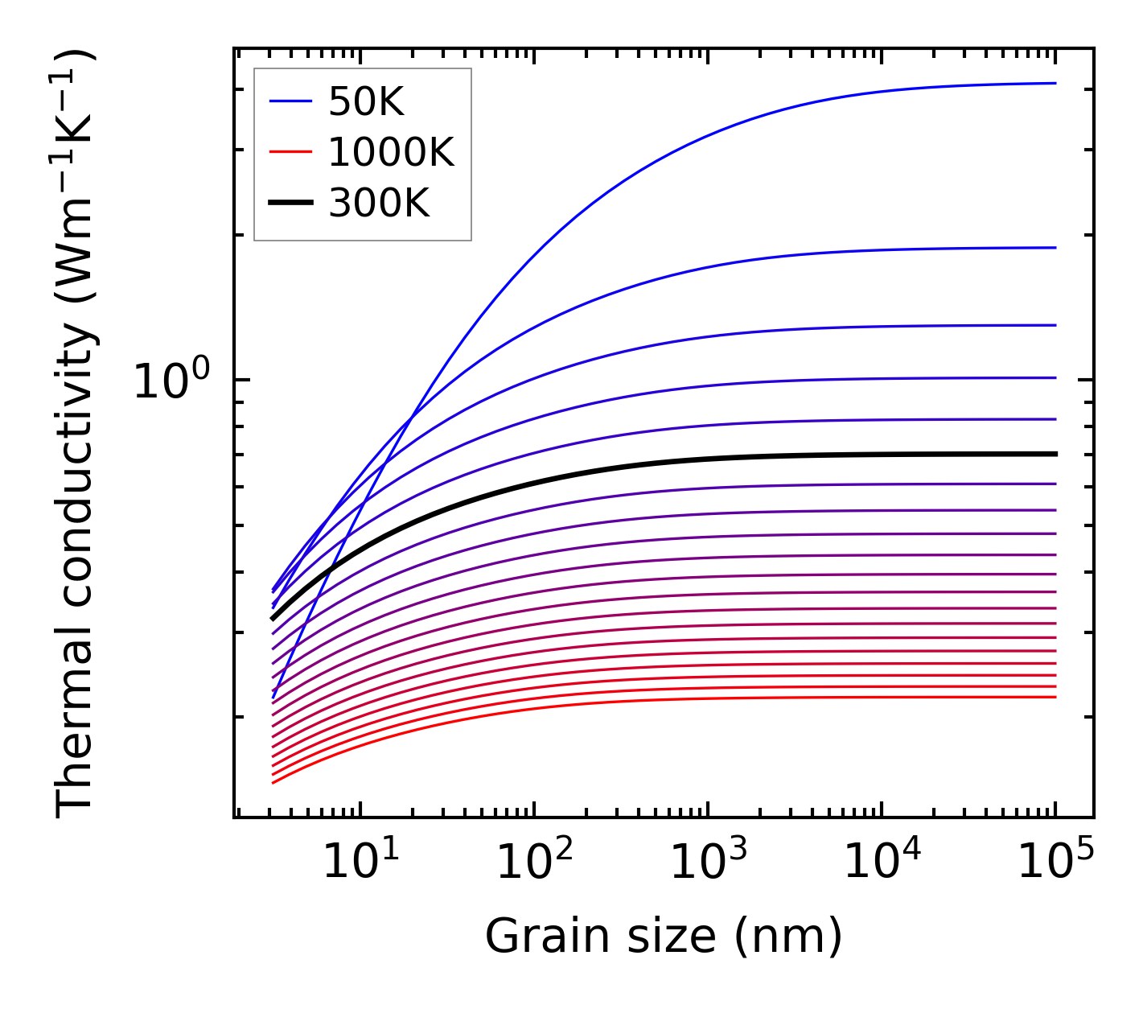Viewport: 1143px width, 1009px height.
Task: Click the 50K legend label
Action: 365,102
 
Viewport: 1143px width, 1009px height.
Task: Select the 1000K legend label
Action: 391,152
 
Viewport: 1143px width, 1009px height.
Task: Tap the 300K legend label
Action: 379,204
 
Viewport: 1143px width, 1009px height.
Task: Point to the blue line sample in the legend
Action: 290,101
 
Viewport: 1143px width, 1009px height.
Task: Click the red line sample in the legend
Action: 290,151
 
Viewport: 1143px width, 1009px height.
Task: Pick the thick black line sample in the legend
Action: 290,203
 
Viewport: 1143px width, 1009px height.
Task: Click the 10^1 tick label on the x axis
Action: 360,863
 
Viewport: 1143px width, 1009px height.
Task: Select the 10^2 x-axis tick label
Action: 534,863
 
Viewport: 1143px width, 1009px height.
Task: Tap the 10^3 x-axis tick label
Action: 708,863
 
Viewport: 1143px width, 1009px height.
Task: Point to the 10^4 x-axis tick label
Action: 882,863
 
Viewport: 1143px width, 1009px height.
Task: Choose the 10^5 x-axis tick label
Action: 1055,863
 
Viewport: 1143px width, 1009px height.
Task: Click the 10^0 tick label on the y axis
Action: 171,381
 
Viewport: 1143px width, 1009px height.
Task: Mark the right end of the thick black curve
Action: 1055,454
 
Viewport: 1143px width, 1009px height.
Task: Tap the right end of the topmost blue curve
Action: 1055,83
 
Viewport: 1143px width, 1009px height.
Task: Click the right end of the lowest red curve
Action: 1055,697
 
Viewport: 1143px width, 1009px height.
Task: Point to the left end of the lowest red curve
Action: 273,783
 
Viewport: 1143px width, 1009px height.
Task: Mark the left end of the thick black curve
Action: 273,619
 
